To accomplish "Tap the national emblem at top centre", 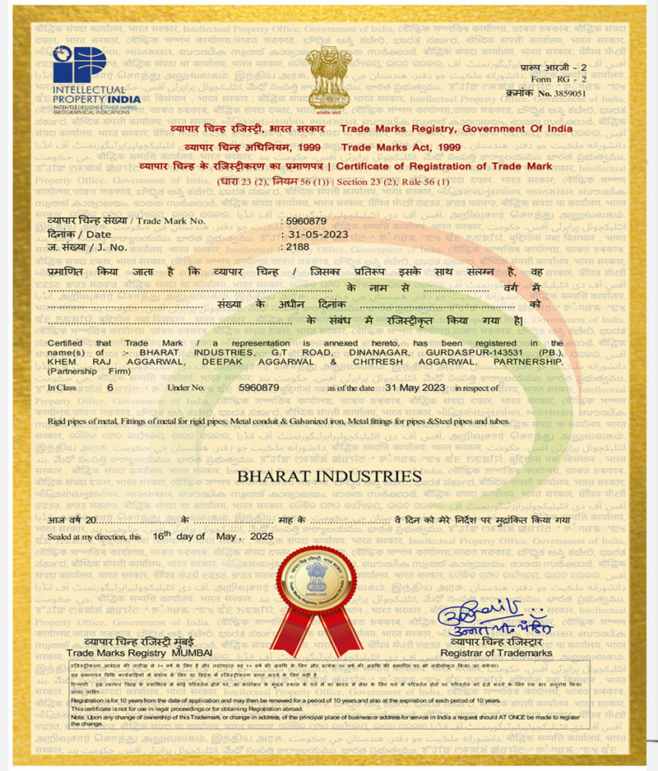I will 328,79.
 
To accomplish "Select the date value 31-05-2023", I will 310,234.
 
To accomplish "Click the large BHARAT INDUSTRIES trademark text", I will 329,476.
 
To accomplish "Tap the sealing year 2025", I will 261,536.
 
